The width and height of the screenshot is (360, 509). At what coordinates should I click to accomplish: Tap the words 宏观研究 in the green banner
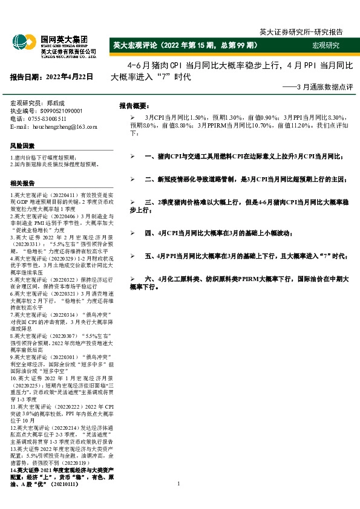click(326, 46)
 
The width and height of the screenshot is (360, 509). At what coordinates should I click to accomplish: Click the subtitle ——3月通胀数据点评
click(317, 88)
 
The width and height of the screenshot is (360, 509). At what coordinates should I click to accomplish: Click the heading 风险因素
click(22, 146)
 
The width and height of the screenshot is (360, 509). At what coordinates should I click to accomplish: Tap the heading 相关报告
click(22, 183)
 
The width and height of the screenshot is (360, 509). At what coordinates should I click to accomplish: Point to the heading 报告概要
click(134, 105)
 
